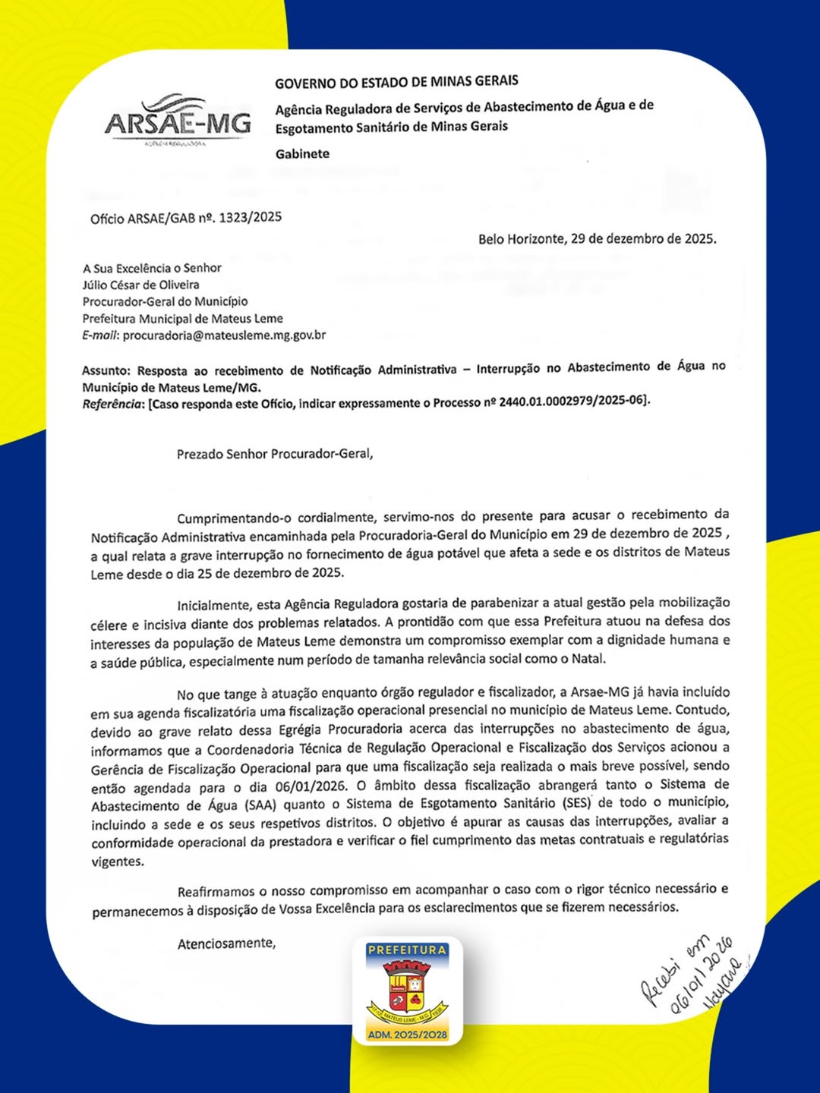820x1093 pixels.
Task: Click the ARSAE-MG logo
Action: (178, 121)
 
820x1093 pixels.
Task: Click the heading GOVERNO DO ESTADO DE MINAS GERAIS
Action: (396, 82)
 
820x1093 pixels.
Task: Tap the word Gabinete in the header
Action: (302, 154)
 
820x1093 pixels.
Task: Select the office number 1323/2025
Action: (250, 218)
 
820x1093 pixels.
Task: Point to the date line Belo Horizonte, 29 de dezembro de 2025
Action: (597, 239)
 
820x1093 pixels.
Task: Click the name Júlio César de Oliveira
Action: (141, 285)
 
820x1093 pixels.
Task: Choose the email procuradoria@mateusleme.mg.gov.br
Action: (224, 335)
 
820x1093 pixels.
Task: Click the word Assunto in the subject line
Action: (106, 371)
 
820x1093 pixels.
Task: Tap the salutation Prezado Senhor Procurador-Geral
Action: (275, 455)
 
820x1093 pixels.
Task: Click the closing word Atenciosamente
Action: (226, 944)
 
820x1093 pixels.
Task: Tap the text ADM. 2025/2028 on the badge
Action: (408, 1035)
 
